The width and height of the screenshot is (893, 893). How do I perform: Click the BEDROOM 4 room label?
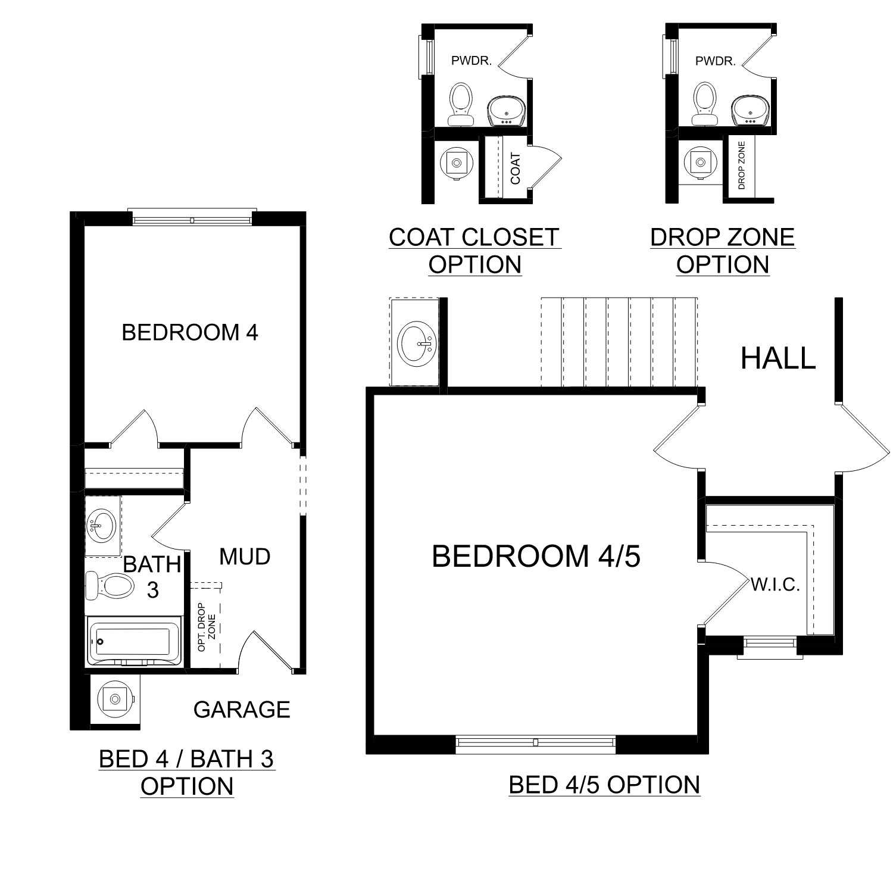pos(190,332)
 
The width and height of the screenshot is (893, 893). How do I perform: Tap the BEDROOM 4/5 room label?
pos(536,556)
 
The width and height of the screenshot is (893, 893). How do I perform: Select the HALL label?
pos(778,358)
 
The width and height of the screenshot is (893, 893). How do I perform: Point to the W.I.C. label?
pos(775,585)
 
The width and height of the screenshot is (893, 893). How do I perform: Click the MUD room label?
pos(245,557)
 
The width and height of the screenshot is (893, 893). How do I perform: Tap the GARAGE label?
pos(242,710)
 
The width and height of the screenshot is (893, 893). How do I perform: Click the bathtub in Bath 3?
pos(134,641)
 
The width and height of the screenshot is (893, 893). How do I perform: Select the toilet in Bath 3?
pos(108,586)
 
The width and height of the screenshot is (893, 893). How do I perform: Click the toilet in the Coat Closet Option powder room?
pos(460,104)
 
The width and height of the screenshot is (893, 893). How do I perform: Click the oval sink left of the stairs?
pos(417,342)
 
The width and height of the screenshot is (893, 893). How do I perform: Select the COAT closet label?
pos(516,168)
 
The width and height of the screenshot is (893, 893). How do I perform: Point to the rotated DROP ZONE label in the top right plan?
pos(741,165)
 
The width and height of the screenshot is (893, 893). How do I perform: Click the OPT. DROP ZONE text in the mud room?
pos(206,627)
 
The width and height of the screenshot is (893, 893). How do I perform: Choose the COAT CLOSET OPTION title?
pos(474,251)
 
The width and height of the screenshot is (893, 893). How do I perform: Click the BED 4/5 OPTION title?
pos(604,785)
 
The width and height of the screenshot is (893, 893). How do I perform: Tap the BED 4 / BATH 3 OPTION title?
pos(187,773)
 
